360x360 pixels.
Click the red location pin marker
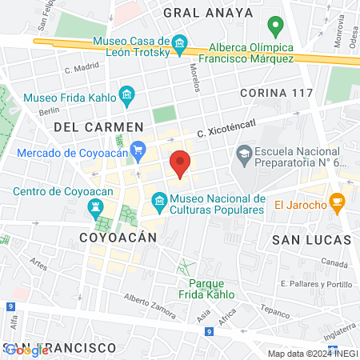[x=180, y=162]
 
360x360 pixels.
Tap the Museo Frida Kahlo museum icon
[x=126, y=98]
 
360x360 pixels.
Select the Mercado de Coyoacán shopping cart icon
[x=138, y=148]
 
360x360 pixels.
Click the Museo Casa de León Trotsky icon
[x=179, y=42]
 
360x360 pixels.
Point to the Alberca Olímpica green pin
[x=275, y=27]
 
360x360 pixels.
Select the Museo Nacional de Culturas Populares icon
[x=158, y=198]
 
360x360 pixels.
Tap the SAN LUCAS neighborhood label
[x=311, y=239]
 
